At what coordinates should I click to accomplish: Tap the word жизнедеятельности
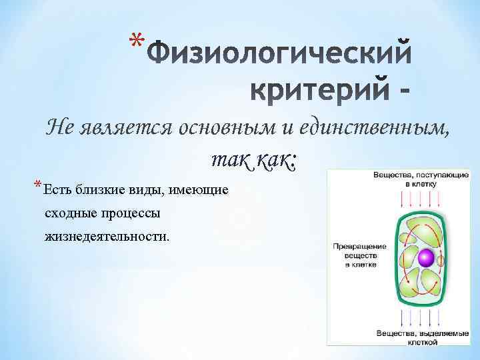pos(107,236)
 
